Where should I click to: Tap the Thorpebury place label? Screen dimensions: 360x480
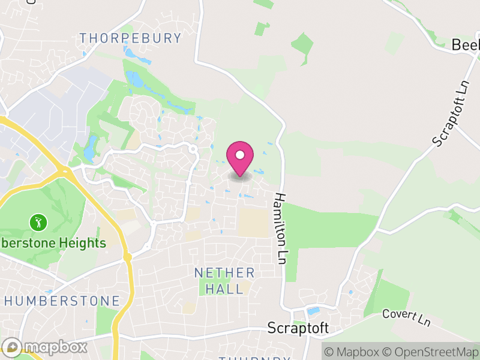[130, 38]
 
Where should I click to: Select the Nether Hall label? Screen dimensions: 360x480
[225, 281]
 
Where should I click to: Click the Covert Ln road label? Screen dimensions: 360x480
[407, 317]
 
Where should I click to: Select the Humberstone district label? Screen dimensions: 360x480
[62, 301]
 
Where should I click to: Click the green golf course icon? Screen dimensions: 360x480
[38, 223]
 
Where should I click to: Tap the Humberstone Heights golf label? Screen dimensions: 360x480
[53, 243]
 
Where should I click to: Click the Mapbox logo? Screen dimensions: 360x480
[45, 347]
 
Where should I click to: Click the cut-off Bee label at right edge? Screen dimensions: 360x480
[466, 46]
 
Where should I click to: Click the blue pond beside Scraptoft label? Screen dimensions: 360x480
[313, 311]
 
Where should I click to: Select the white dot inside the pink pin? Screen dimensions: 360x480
[240, 155]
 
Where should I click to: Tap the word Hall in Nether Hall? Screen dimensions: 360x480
[225, 289]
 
